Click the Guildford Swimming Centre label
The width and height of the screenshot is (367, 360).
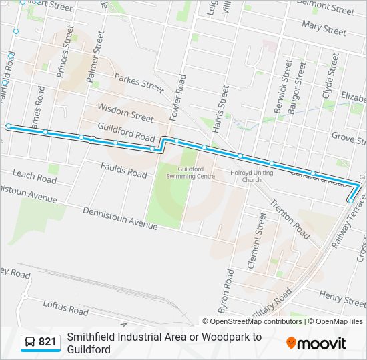pos(196,173)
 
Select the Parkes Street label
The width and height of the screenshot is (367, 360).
pos(139,83)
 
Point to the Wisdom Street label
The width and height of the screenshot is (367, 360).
pos(125,111)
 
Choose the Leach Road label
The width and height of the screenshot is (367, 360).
pos(34,177)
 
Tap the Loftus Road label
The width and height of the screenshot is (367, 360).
pos(65,308)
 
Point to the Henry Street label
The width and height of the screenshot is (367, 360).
pos(342,294)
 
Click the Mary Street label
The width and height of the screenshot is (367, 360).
pos(324,27)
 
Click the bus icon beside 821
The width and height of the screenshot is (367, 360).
pos(30,343)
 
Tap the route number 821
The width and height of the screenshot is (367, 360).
pos(48,343)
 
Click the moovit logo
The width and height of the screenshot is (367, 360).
pos(316,343)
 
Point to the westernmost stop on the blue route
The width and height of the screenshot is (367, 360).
pos(9,126)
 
